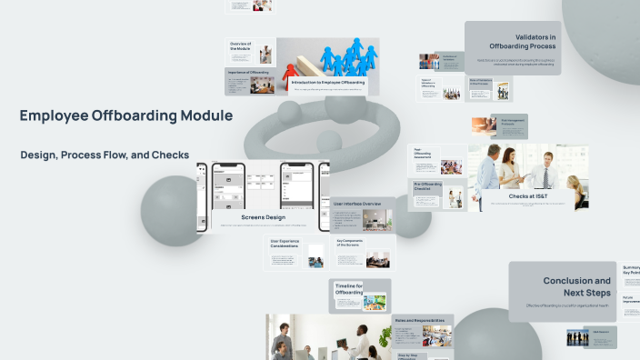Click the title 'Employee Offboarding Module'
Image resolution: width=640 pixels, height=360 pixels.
(x=126, y=116)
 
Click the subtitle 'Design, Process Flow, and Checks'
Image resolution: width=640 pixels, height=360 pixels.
(x=105, y=155)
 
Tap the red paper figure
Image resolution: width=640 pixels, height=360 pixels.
(x=291, y=71)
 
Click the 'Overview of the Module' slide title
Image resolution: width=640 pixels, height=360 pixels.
(x=240, y=45)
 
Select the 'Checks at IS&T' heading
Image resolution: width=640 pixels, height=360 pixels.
(x=527, y=195)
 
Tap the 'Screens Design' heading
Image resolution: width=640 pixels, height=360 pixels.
(x=264, y=217)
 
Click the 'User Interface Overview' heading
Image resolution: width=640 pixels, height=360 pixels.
(x=357, y=204)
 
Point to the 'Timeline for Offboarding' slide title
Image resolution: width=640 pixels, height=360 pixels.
(x=348, y=289)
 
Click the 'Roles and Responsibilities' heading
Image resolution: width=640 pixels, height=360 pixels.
(x=419, y=321)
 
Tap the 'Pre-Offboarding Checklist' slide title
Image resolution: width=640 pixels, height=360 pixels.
(x=428, y=186)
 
